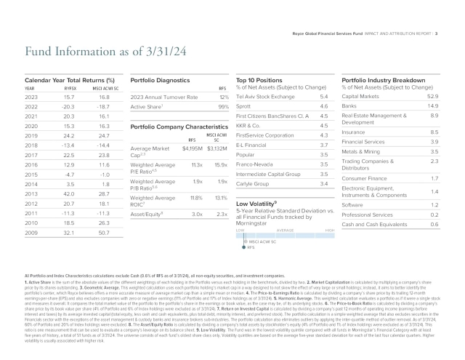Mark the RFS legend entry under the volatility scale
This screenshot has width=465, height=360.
[251, 247]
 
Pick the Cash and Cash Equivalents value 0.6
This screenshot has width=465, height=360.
[434, 225]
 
